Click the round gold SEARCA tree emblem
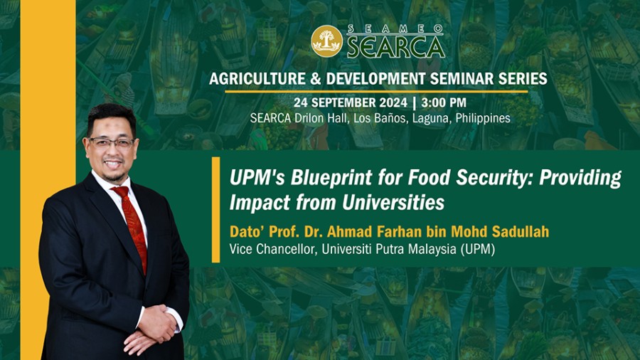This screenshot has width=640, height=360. [x=326, y=41]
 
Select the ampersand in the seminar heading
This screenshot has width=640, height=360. [x=316, y=78]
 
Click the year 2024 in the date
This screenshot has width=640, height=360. [x=393, y=102]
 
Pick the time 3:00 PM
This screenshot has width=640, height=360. [x=444, y=102]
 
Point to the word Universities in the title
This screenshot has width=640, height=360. [x=393, y=203]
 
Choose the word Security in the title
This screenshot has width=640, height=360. [x=494, y=178]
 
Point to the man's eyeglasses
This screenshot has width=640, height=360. [x=112, y=143]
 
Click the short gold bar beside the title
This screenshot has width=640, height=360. [x=216, y=210]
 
